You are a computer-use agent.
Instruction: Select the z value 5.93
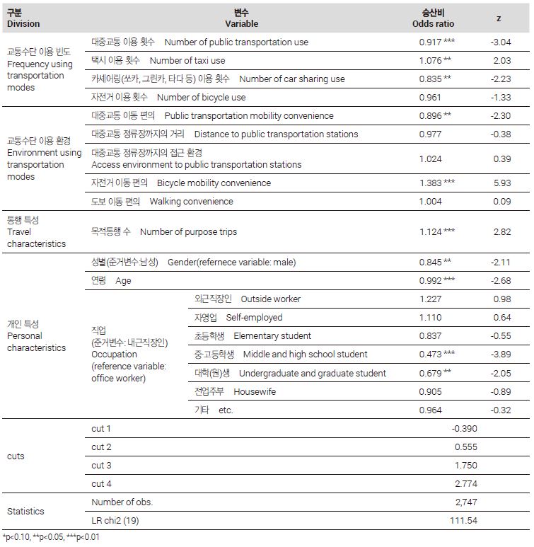(x=501, y=183)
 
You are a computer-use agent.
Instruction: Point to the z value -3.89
(x=501, y=355)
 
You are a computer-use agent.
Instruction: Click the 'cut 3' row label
(x=102, y=465)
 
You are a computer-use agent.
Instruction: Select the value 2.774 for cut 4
(x=466, y=484)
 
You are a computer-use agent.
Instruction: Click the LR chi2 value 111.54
(x=464, y=521)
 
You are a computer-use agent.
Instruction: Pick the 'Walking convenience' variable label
(x=181, y=202)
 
